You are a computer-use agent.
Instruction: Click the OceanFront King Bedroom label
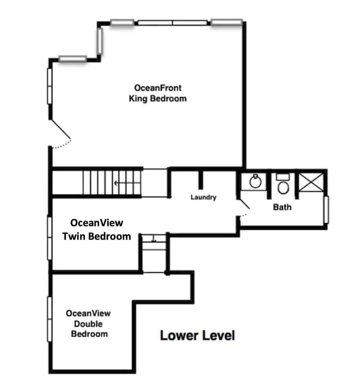click(157, 93)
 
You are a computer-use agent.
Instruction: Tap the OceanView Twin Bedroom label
click(97, 229)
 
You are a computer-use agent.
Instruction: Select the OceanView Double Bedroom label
click(89, 323)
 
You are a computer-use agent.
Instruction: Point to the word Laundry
click(203, 197)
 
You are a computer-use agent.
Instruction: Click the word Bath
click(282, 207)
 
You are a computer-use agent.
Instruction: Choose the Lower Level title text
click(197, 335)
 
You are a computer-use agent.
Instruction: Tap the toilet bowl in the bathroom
click(283, 187)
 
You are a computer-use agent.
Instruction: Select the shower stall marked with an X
click(311, 183)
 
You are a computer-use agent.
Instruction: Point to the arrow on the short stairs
click(154, 239)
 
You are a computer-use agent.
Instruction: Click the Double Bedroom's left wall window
click(49, 319)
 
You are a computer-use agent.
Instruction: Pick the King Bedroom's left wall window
click(49, 86)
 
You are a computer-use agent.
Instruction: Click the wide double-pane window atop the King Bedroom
click(172, 23)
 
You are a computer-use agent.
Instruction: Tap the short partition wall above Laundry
click(201, 179)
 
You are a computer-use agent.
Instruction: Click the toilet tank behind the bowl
click(282, 176)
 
